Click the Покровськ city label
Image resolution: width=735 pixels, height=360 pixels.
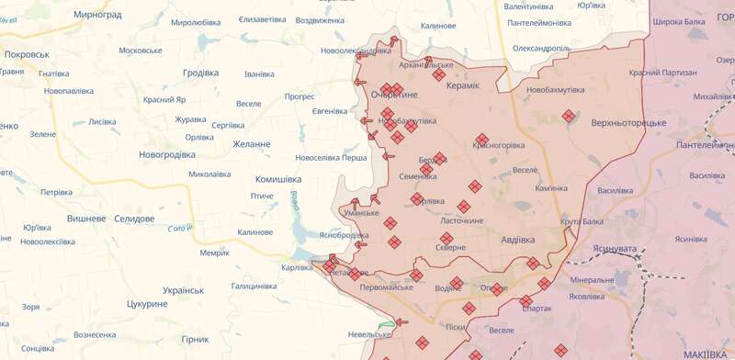tap(27, 55)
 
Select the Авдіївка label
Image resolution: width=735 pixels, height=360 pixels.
tap(524, 241)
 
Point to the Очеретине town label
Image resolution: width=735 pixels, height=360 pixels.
tap(394, 96)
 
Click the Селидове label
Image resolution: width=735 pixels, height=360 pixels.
tap(135, 219)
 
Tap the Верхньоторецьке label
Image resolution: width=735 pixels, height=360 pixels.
tap(628, 122)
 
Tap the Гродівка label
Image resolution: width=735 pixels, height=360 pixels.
tap(200, 73)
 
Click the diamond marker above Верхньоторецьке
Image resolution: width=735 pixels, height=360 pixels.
tap(569, 116)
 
